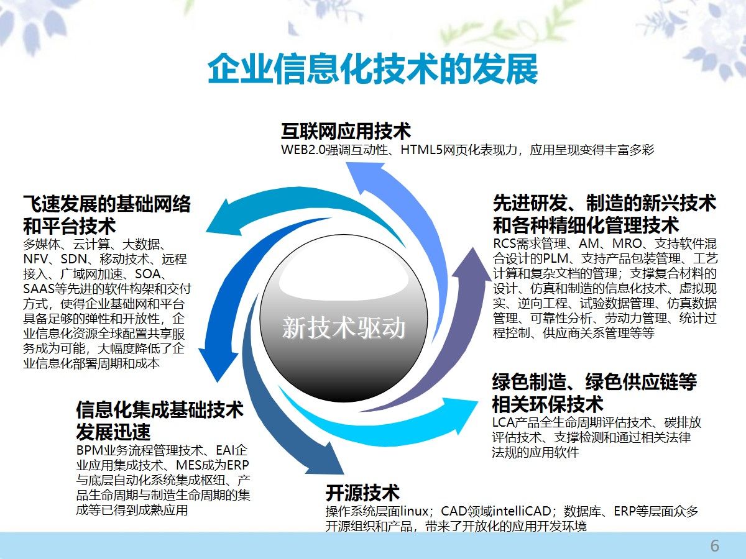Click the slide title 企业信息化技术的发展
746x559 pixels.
coord(372,68)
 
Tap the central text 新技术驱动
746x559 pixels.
coord(344,327)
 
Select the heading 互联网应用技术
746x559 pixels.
coord(346,132)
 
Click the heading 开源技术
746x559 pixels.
coord(362,493)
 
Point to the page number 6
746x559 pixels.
coord(714,546)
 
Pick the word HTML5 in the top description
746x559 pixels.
coord(420,150)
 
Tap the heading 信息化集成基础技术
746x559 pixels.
coord(160,410)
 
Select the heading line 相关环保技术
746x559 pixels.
coord(548,404)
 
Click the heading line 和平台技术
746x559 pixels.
coord(70,225)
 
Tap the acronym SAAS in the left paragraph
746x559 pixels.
coord(40,289)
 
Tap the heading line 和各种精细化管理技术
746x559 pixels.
coord(586,224)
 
